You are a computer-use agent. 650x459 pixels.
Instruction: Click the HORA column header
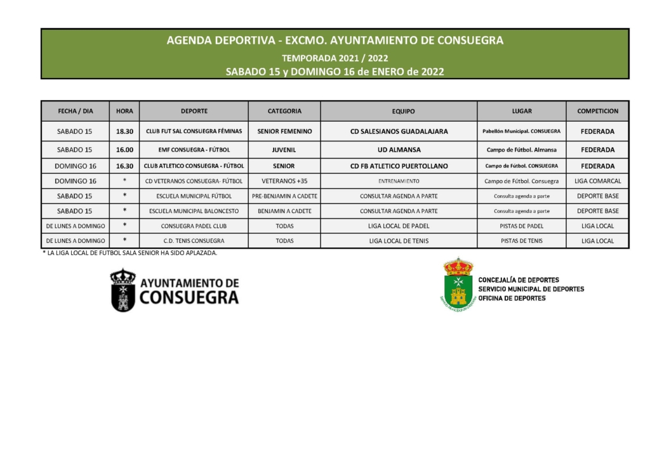[124, 111]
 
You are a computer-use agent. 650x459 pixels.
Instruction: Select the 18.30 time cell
[124, 131]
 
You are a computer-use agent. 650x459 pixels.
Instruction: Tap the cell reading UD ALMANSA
[399, 150]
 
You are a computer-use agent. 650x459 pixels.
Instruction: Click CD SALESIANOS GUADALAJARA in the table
[399, 131]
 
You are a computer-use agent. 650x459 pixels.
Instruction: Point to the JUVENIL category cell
[284, 150]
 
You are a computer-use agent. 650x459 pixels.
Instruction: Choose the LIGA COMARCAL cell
[597, 181]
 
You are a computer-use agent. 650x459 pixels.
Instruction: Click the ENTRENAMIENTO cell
[399, 181]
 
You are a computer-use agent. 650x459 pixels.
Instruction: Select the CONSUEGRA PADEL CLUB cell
[194, 226]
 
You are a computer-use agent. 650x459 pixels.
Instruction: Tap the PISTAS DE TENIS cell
[521, 241]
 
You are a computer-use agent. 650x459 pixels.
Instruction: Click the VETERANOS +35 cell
[284, 181]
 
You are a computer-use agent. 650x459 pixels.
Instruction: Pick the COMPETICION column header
[597, 111]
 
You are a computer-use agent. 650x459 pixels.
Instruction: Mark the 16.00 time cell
[124, 150]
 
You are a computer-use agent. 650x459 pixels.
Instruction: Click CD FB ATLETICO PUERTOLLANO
[399, 166]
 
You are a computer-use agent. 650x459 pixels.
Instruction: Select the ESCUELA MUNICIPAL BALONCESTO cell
[194, 211]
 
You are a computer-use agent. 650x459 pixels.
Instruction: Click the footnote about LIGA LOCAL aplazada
[129, 253]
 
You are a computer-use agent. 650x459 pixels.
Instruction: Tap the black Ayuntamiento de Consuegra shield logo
[123, 290]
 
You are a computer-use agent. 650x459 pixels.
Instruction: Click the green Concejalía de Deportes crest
[458, 284]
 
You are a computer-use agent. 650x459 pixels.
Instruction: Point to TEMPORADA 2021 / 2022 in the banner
[335, 58]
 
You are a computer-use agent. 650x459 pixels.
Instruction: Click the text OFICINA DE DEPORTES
[512, 298]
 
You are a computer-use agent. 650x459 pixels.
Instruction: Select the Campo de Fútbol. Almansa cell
[521, 150]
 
